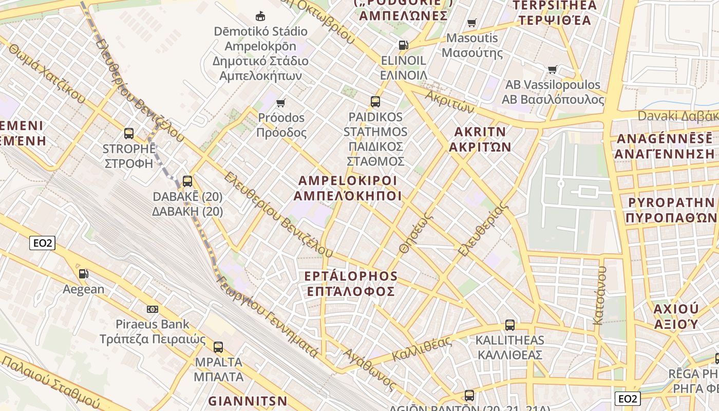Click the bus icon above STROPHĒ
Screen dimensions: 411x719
(x=128, y=134)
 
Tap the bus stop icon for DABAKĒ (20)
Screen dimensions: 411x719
(x=187, y=181)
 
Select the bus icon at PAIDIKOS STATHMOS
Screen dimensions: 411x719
(x=375, y=101)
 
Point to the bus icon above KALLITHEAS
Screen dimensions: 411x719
(x=509, y=325)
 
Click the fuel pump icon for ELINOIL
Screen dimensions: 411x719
(x=404, y=45)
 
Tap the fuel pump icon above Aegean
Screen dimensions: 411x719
(x=83, y=273)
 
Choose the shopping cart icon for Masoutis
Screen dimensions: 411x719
(x=471, y=22)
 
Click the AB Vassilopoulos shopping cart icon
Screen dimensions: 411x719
(x=553, y=69)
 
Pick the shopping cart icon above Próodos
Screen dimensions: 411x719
(x=281, y=103)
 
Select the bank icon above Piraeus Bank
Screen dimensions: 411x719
(x=153, y=309)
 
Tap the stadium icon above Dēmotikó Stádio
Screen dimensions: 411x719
(x=260, y=16)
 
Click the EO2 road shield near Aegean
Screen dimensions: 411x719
(x=42, y=243)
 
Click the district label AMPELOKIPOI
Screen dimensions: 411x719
(x=348, y=188)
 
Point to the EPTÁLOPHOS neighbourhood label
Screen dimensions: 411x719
(x=351, y=284)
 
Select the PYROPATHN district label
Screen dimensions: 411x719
(x=671, y=210)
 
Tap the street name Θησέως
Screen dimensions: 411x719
(x=416, y=234)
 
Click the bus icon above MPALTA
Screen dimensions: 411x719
(x=218, y=347)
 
